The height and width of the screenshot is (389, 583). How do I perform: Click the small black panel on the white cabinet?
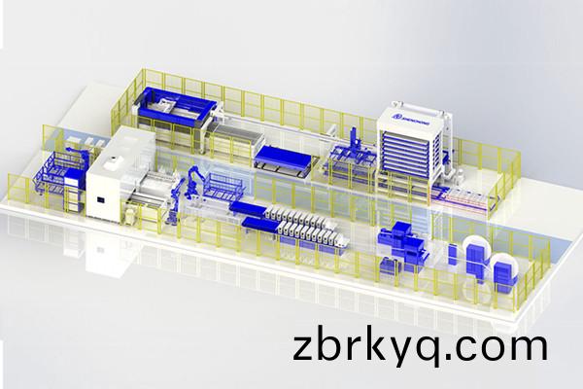coord(101,201)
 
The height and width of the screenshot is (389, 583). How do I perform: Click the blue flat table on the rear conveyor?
coord(282,156)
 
